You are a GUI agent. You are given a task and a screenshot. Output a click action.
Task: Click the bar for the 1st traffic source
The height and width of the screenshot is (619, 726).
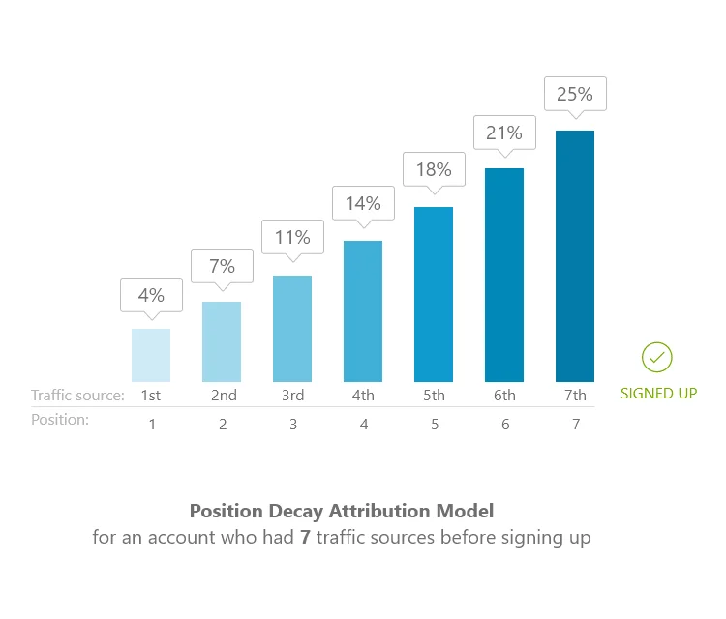pos(151,355)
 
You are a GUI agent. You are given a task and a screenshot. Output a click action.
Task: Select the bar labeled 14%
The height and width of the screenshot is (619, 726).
pos(363,310)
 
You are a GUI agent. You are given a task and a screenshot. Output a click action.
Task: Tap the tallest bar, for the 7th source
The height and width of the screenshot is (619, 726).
pos(575,255)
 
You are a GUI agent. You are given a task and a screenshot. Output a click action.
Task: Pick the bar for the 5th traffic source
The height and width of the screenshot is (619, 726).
pos(434,294)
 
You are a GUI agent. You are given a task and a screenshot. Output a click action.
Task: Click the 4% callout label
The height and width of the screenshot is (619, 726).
pos(151,295)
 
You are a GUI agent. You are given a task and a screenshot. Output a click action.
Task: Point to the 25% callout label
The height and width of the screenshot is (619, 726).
pos(575,95)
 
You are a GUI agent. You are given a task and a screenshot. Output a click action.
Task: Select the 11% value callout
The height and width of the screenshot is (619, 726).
pos(292,237)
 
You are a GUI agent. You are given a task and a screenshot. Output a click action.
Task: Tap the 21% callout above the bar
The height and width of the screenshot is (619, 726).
pos(504,133)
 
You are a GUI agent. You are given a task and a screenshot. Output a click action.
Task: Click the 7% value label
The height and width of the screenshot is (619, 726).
pos(222,265)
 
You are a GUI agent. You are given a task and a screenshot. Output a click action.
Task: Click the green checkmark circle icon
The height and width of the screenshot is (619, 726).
pos(657,358)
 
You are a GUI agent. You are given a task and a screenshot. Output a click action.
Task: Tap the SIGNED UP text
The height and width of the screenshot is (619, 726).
pos(658,394)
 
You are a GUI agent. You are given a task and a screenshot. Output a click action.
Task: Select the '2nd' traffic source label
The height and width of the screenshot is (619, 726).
pos(224,395)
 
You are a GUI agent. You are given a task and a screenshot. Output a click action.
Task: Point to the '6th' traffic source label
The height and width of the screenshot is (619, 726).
pos(504,395)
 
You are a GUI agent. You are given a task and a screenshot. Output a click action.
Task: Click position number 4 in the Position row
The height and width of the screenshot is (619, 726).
pos(364,424)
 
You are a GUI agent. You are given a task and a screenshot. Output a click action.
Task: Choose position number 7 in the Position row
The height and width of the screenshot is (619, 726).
pos(576,424)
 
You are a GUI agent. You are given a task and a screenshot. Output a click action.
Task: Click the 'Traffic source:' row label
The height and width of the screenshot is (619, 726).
pos(77,395)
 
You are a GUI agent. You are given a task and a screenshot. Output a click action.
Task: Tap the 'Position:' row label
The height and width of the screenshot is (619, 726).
pos(60,420)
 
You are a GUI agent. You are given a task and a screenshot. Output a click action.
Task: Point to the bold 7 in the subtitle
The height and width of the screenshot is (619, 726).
pos(306,538)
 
